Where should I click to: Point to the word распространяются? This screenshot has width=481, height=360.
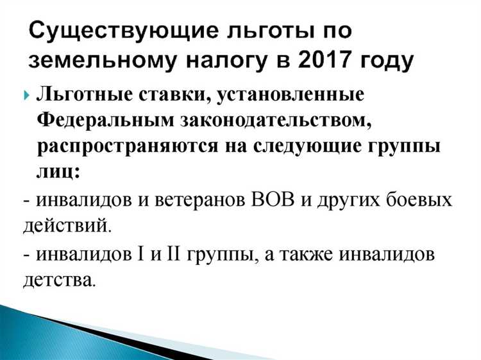tap(135, 146)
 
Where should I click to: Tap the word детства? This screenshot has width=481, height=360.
tap(59, 280)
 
